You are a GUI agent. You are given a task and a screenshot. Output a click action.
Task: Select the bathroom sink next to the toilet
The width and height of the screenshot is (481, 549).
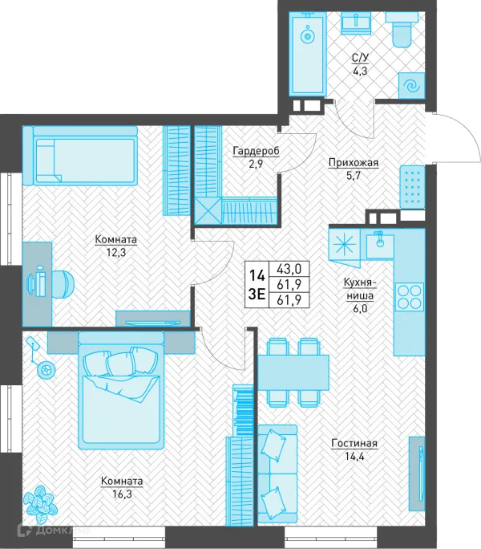[355, 22]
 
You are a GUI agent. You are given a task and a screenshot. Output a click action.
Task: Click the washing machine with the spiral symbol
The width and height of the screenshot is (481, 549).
[412, 86]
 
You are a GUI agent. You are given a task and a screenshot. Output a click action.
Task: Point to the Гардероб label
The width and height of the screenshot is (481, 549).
[256, 151]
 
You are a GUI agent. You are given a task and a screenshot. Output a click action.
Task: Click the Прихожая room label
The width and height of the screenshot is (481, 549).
[354, 163]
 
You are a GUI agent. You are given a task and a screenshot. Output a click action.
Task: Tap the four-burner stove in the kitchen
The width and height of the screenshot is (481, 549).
[410, 296]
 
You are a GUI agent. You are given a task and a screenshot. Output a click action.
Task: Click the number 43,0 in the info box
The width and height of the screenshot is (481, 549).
[289, 269]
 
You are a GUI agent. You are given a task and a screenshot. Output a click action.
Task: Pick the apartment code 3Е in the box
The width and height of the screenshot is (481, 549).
[257, 295]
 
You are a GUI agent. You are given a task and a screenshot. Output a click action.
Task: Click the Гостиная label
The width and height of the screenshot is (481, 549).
[354, 444]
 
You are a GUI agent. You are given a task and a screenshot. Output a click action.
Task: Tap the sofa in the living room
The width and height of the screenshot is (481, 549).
[277, 474]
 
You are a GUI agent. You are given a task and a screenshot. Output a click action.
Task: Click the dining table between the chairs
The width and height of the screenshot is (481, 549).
[293, 372]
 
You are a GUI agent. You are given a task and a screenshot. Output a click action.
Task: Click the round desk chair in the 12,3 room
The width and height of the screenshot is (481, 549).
[63, 283]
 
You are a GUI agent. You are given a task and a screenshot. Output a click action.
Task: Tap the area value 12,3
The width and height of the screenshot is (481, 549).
[116, 253]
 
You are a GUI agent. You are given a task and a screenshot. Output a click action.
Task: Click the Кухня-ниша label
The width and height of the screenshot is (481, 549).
[360, 288]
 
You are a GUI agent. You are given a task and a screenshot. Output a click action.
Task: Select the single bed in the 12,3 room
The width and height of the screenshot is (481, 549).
[79, 156]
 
